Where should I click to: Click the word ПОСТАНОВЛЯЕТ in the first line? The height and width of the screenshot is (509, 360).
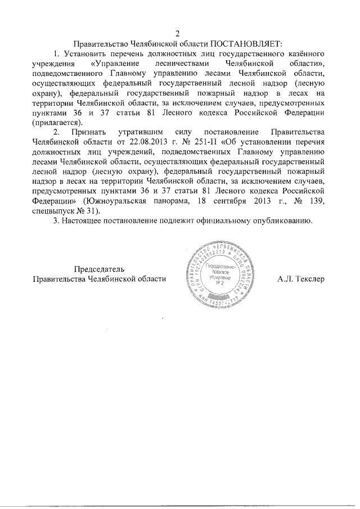click(245, 43)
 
